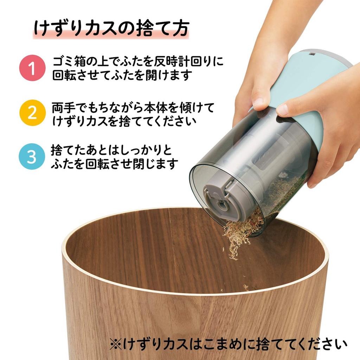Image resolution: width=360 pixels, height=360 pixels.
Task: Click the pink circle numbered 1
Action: tap(32, 68)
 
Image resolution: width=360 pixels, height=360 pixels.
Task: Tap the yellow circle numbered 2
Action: tap(32, 113)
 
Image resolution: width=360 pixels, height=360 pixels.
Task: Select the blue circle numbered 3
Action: tap(32, 157)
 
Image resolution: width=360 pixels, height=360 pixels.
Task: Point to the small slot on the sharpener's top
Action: tap(311, 54)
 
